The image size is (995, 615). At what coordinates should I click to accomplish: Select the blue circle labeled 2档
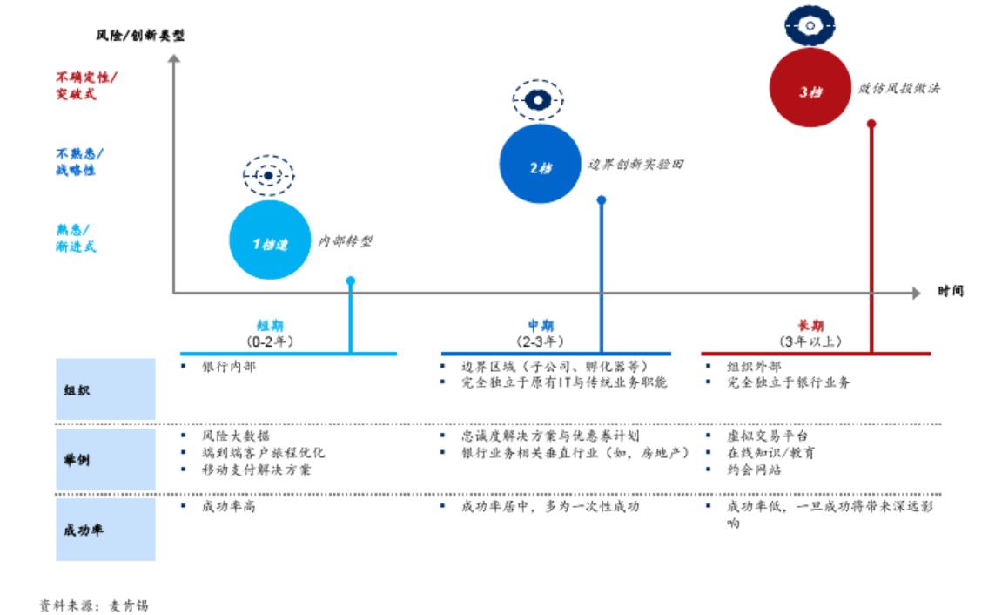pos(540,164)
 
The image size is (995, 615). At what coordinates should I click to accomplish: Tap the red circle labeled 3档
pos(810,89)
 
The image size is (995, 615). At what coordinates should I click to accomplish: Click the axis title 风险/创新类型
pos(140,36)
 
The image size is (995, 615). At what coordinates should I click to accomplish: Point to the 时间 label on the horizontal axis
pos(951,291)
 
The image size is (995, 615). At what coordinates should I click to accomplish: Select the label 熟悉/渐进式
pos(76,238)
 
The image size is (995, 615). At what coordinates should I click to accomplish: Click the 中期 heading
pos(541,326)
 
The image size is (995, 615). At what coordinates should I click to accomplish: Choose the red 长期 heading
pos(810,326)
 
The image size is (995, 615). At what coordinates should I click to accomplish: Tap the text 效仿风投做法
pos(899,89)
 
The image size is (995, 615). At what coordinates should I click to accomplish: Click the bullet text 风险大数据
pos(235,436)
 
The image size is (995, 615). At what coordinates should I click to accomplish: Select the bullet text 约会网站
pos(754,470)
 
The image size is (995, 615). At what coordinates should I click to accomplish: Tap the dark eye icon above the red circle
pos(810,26)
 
